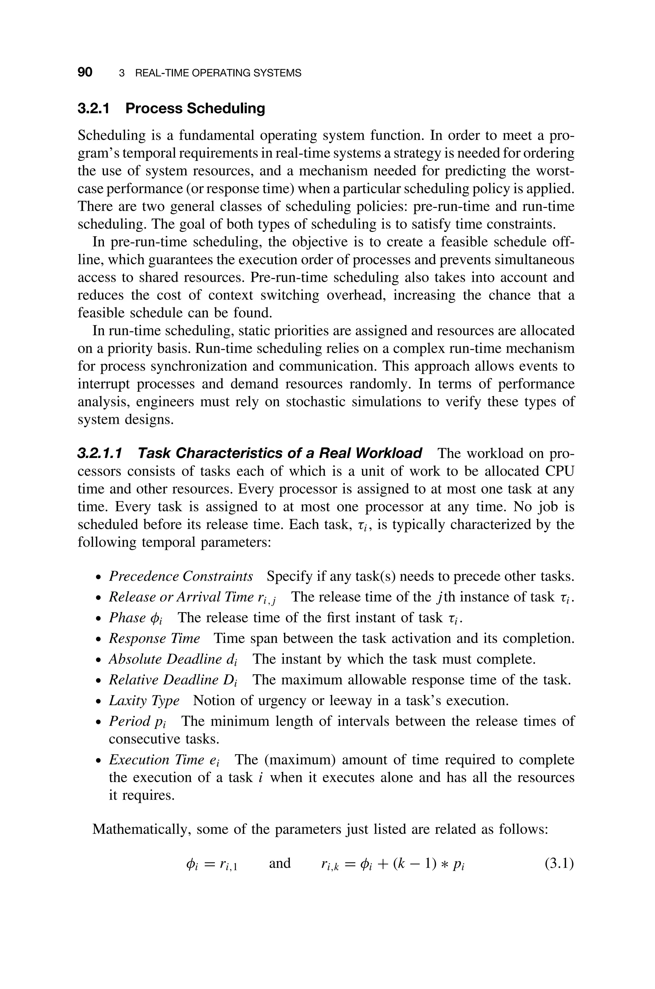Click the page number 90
[x=85, y=72]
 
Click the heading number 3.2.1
[x=94, y=108]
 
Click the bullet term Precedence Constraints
[x=181, y=576]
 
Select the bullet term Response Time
[x=154, y=638]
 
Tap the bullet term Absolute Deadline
[x=165, y=659]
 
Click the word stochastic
[x=315, y=402]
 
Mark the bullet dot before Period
[x=98, y=723]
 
